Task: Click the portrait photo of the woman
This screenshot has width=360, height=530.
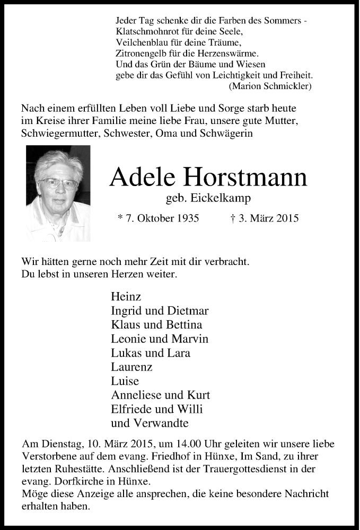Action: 58,193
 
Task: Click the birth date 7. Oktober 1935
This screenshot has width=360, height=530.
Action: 162,218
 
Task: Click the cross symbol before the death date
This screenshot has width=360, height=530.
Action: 234,218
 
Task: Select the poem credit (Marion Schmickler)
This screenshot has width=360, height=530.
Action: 270,85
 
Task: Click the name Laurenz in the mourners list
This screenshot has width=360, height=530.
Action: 132,367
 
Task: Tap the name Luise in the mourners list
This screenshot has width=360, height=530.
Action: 125,381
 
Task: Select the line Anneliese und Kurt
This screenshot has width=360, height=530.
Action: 161,395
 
